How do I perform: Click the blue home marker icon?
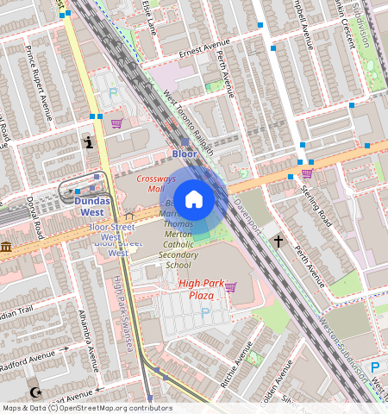194,199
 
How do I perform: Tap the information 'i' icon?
86,143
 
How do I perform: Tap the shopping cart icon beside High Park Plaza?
230,287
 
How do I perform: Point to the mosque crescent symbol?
34,392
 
